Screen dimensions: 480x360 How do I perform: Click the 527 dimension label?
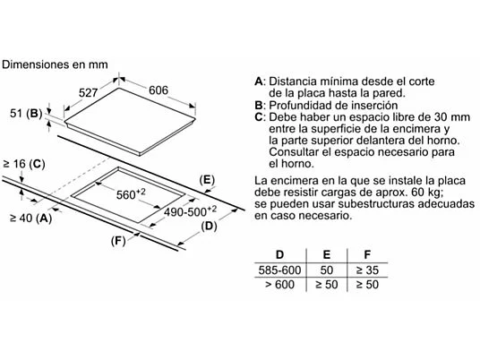click(x=88, y=93)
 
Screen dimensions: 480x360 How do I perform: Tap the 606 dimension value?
click(x=159, y=90)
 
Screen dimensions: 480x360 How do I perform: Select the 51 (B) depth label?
click(x=26, y=113)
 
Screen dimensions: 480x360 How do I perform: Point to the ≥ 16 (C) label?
click(x=24, y=164)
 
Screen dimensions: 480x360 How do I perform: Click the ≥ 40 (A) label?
click(x=31, y=219)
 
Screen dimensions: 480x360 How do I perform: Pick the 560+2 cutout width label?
click(x=131, y=193)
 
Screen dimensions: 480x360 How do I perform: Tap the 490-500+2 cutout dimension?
click(x=190, y=211)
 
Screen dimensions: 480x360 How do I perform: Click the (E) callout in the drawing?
click(x=207, y=180)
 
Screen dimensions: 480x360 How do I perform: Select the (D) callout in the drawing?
click(x=209, y=227)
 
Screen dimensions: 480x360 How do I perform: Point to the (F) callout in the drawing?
click(x=118, y=241)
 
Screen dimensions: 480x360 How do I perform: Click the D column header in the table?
click(x=279, y=254)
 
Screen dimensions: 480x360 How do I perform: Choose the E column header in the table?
click(x=327, y=254)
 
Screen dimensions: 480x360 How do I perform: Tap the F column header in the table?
click(x=367, y=254)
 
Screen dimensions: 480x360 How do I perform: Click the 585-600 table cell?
click(x=279, y=270)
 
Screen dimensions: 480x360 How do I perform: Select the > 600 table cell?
click(x=279, y=285)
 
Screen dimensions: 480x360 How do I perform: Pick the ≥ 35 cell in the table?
click(x=367, y=270)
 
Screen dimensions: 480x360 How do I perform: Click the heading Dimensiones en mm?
click(x=55, y=64)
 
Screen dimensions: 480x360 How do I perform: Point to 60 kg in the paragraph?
click(x=427, y=193)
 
